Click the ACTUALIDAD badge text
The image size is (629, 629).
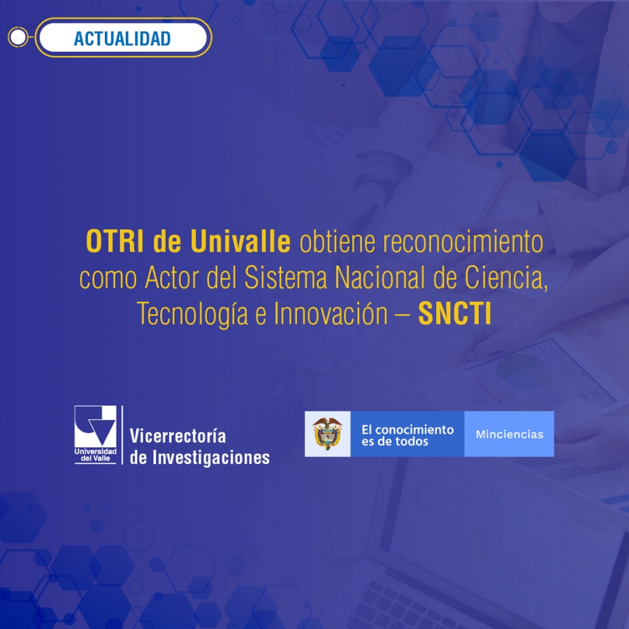pyautogui.click(x=122, y=38)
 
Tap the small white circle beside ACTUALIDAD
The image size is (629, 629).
pyautogui.click(x=18, y=37)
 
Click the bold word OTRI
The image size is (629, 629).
pyautogui.click(x=115, y=242)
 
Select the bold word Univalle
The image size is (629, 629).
pyautogui.click(x=240, y=242)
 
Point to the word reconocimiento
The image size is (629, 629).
pyautogui.click(x=463, y=242)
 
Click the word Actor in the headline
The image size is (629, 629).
pyautogui.click(x=172, y=277)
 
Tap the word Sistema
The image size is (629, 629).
pyautogui.click(x=286, y=277)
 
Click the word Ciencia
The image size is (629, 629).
pyautogui.click(x=506, y=278)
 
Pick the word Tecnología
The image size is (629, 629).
pyautogui.click(x=193, y=314)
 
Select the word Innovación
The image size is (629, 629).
pyautogui.click(x=331, y=314)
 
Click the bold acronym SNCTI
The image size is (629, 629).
pyautogui.click(x=454, y=314)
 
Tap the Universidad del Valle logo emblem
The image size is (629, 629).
pyautogui.click(x=96, y=435)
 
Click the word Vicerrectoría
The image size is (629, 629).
pyautogui.click(x=178, y=436)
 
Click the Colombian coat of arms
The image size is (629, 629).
pyautogui.click(x=327, y=433)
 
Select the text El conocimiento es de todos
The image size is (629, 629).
pyautogui.click(x=407, y=435)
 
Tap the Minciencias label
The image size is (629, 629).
pyautogui.click(x=509, y=435)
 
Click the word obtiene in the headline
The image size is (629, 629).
pyautogui.click(x=338, y=242)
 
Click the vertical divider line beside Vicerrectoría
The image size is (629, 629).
pyautogui.click(x=122, y=435)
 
